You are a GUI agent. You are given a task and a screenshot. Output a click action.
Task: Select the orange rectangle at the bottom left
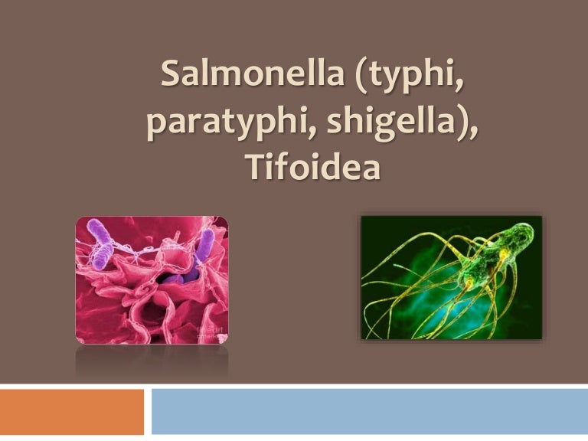click(72, 411)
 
